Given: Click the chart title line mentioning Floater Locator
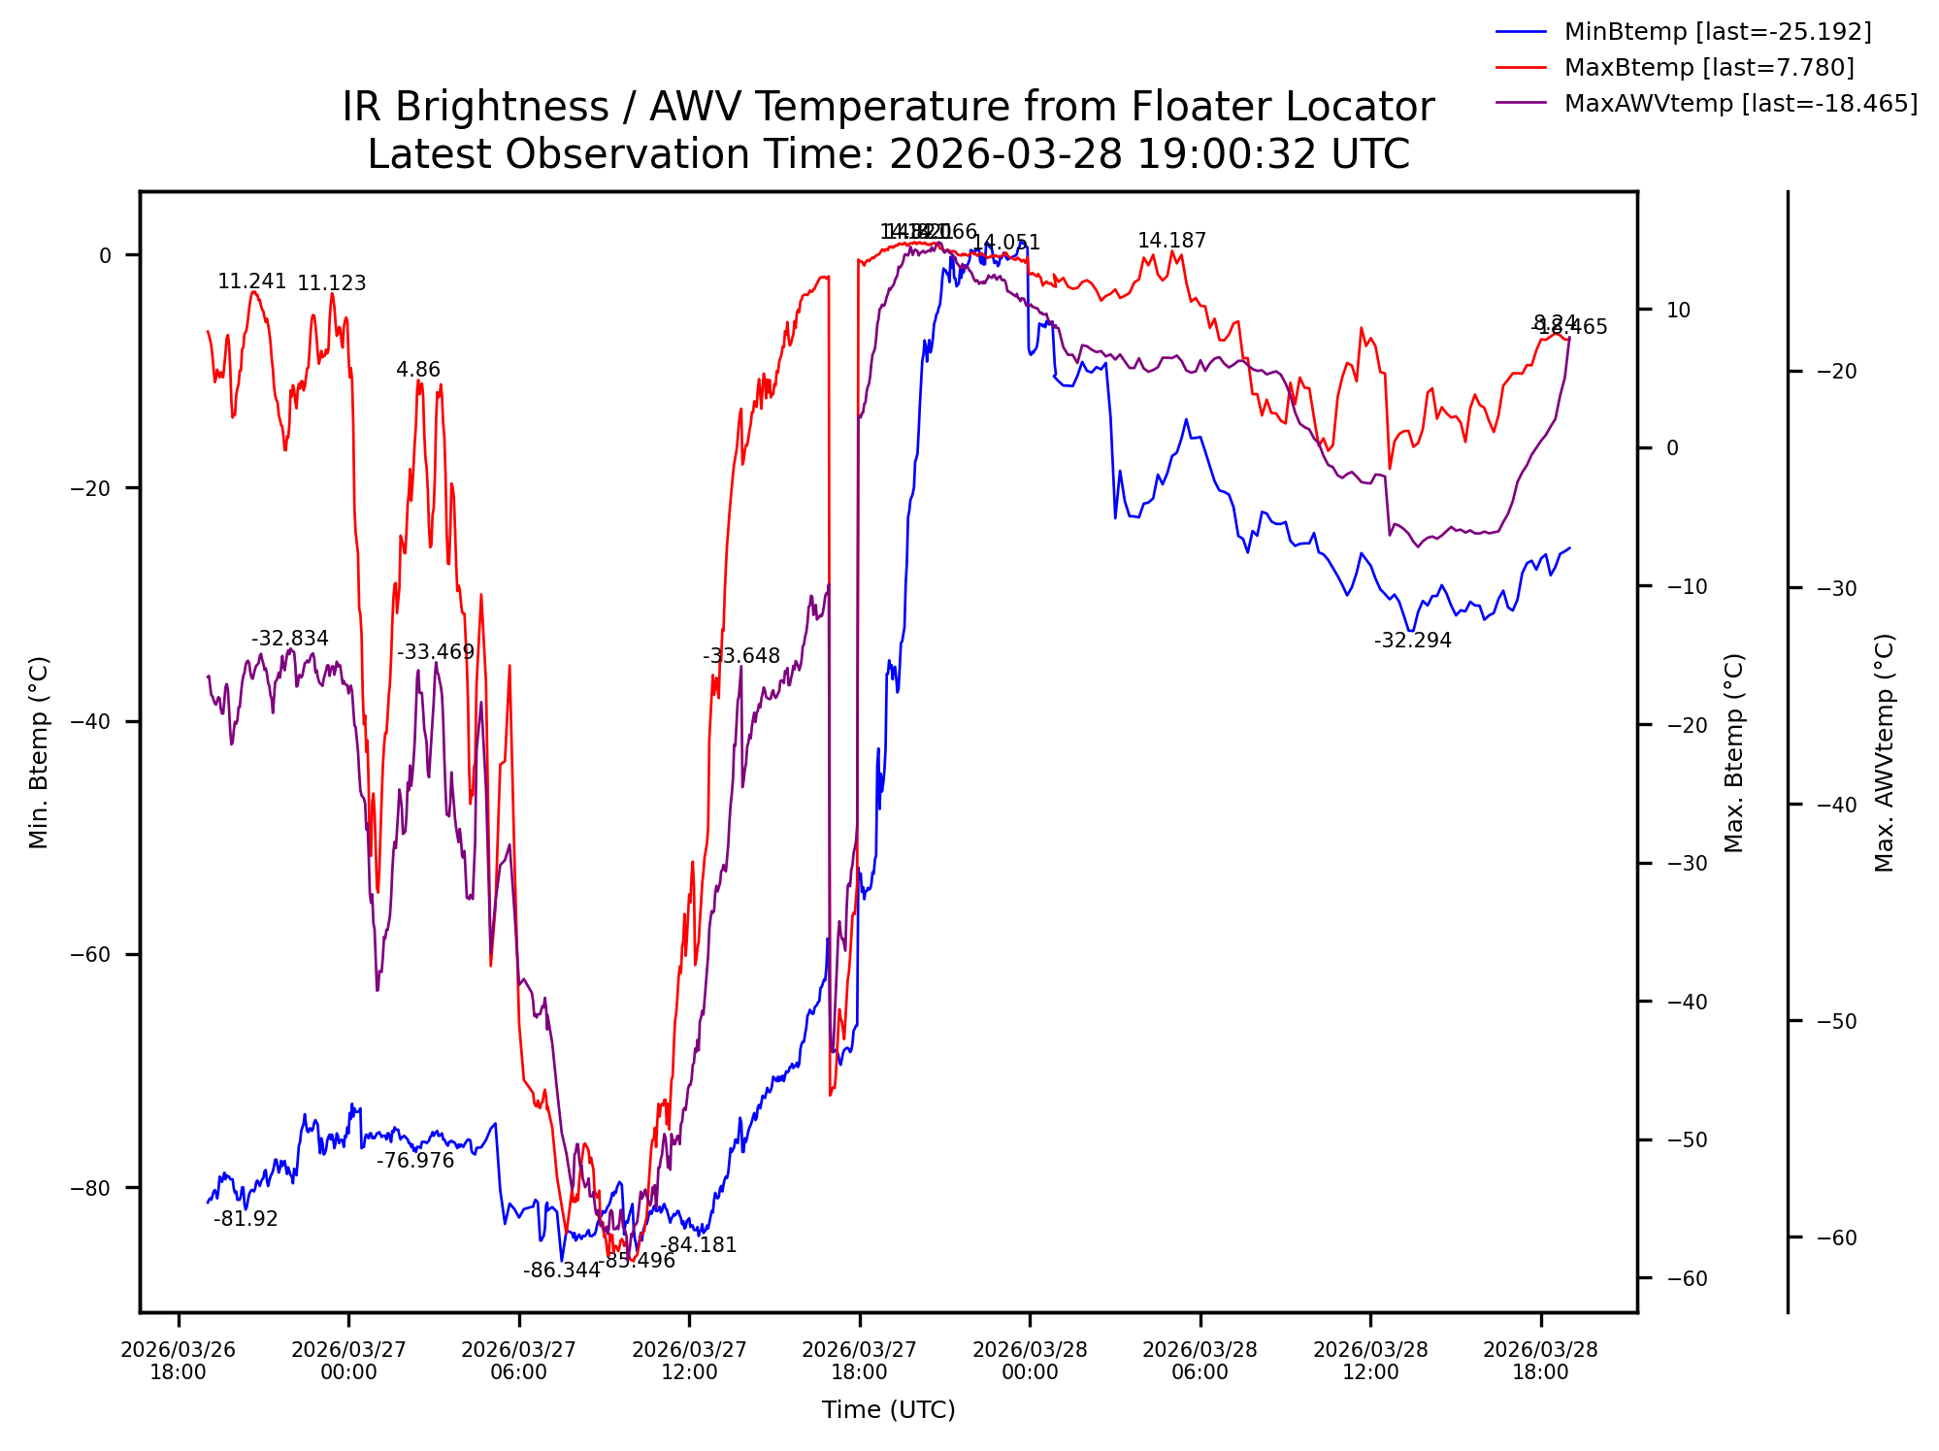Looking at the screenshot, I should (x=888, y=107).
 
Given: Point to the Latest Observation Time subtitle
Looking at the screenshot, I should (x=888, y=155).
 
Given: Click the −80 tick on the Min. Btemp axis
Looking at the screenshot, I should (x=90, y=1188).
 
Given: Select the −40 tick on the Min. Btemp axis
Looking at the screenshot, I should (x=90, y=722).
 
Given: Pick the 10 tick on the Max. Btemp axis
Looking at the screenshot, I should (x=1678, y=311).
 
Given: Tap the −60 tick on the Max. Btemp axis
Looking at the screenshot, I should (x=1687, y=1279).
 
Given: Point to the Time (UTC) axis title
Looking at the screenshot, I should (x=888, y=1410).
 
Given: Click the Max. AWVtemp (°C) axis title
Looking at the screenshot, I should (x=1884, y=752).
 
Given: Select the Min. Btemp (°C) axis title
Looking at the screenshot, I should (x=38, y=752).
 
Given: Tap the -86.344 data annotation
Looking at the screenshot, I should (x=561, y=1271).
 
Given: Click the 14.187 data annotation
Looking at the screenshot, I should (x=1171, y=241).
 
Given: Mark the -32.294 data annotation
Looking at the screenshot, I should (x=1412, y=641).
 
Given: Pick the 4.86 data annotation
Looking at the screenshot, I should (x=418, y=370).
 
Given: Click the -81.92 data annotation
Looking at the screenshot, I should (x=246, y=1220).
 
